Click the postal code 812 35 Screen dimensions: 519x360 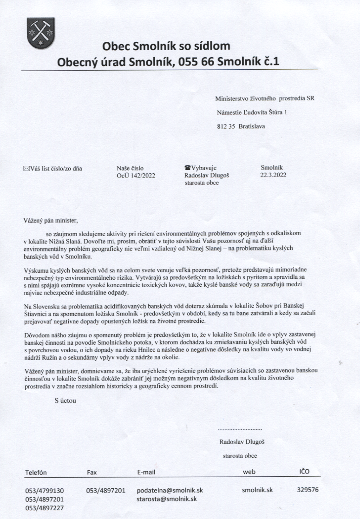tap(226, 126)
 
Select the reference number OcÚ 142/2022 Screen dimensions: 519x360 tap(136, 176)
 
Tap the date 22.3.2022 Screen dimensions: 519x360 tap(274, 175)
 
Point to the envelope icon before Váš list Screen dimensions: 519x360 tap(26, 169)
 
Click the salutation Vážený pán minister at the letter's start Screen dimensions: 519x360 tap(49, 220)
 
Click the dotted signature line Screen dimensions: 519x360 tap(240, 429)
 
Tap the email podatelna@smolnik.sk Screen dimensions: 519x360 tap(170, 491)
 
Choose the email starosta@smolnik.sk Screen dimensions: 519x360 tap(167, 499)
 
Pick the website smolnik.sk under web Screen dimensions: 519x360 tap(257, 490)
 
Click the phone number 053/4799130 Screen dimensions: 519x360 tap(44, 491)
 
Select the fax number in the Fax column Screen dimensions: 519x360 tap(105, 491)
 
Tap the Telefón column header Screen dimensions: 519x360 tap(36, 473)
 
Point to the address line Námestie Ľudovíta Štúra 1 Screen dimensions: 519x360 tap(252, 112)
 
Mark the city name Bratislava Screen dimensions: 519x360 tap(253, 126)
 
